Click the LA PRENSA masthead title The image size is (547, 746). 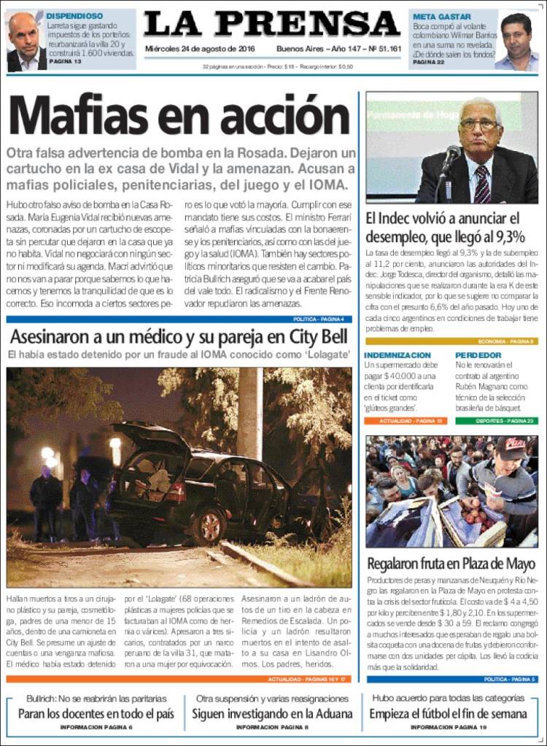[272, 25]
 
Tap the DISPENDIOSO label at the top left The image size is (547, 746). [74, 15]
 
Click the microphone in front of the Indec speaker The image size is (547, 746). [451, 155]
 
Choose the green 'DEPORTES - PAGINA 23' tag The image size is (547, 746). [503, 421]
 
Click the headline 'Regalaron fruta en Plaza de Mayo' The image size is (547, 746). [451, 564]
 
